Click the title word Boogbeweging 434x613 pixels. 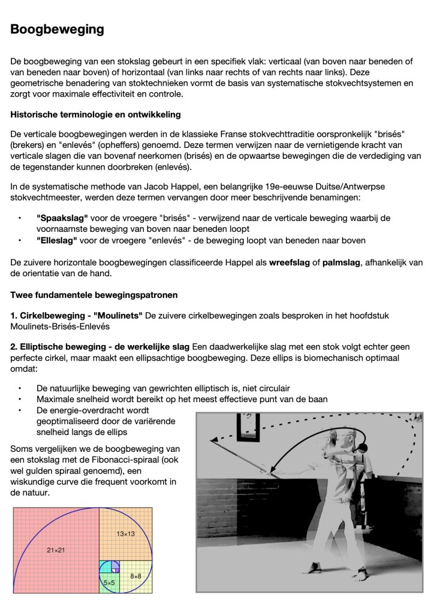point(58,29)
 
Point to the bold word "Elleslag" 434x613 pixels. point(56,240)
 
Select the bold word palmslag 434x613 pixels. point(343,262)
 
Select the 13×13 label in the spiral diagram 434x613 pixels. point(125,533)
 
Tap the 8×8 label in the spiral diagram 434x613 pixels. point(135,576)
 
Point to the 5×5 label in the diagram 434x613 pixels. point(109,582)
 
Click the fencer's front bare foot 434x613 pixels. point(359,578)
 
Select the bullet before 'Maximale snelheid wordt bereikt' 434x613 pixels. point(20,398)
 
